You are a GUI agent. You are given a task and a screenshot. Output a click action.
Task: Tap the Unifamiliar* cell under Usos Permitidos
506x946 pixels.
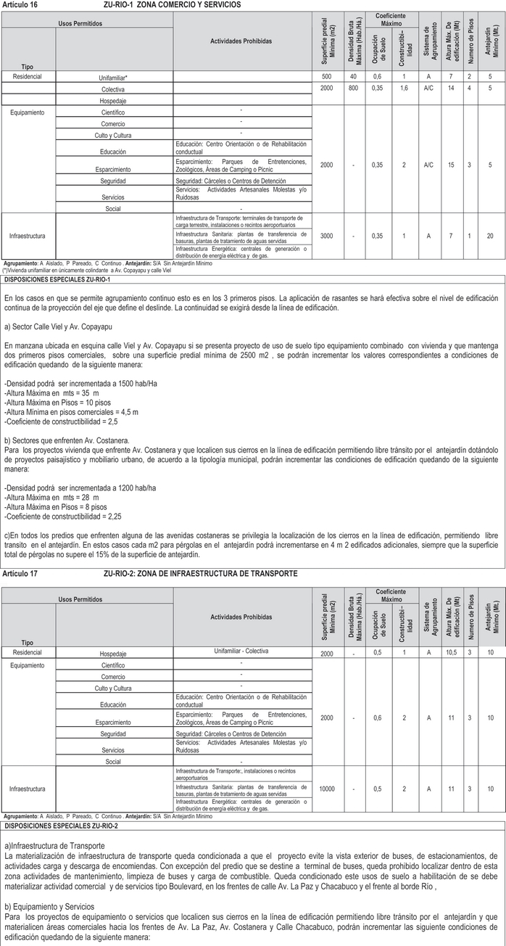pyautogui.click(x=113, y=77)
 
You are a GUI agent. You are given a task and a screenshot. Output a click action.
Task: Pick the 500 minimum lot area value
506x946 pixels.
pyautogui.click(x=327, y=76)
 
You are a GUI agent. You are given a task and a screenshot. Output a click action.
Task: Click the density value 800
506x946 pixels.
pyautogui.click(x=353, y=88)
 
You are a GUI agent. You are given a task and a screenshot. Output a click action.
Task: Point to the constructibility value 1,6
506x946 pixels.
pyautogui.click(x=404, y=88)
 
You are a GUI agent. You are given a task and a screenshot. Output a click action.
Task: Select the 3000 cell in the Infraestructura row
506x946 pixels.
pyautogui.click(x=327, y=236)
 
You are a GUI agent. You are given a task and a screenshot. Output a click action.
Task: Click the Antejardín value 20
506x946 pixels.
pyautogui.click(x=491, y=236)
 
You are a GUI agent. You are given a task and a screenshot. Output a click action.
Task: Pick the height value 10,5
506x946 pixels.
pyautogui.click(x=450, y=654)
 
